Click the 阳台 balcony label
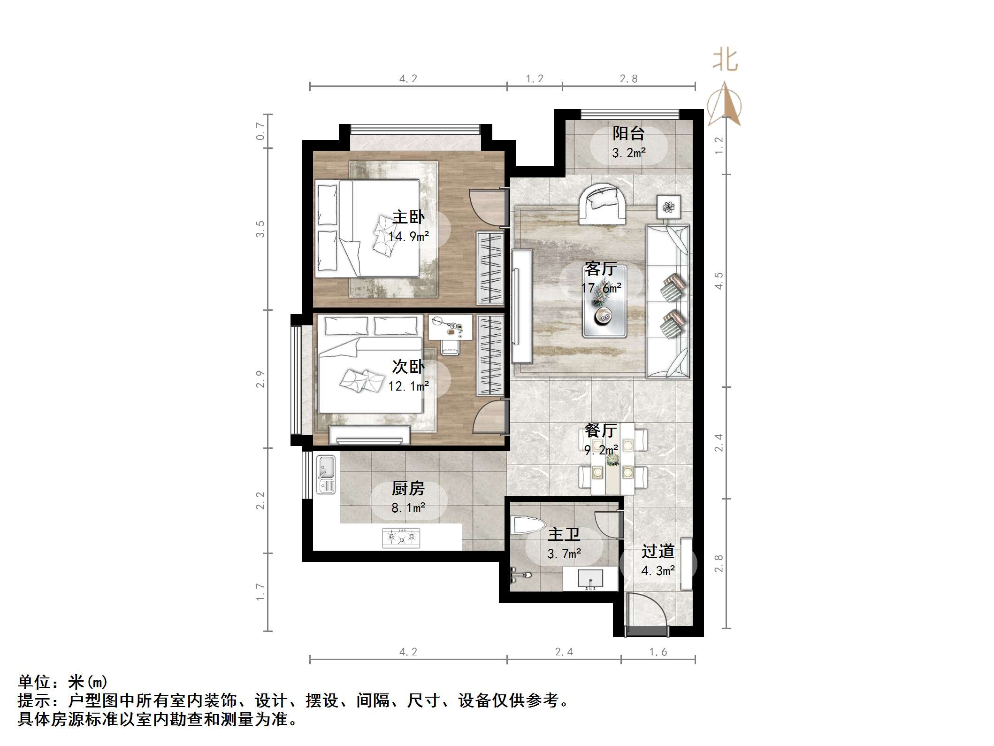[x=628, y=133]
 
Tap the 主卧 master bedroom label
[x=408, y=217]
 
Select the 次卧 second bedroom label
[x=408, y=367]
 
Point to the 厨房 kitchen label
[x=408, y=489]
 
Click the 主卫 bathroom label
[x=564, y=535]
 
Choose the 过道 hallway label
[x=658, y=551]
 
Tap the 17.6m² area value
[x=601, y=288]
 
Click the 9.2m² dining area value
[x=601, y=450]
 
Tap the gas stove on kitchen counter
[x=401, y=538]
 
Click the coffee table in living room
[x=604, y=301]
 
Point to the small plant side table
[x=669, y=206]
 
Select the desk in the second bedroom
[x=450, y=327]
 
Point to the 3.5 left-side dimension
[x=260, y=229]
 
